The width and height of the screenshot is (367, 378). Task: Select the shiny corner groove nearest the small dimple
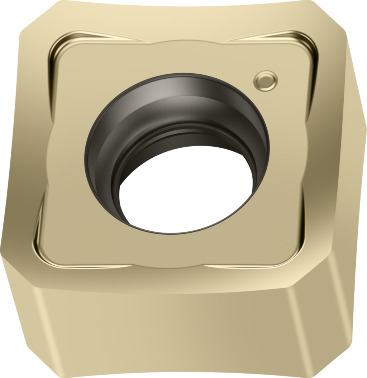click(309, 54)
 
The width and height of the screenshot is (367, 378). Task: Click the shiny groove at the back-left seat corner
click(57, 54)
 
